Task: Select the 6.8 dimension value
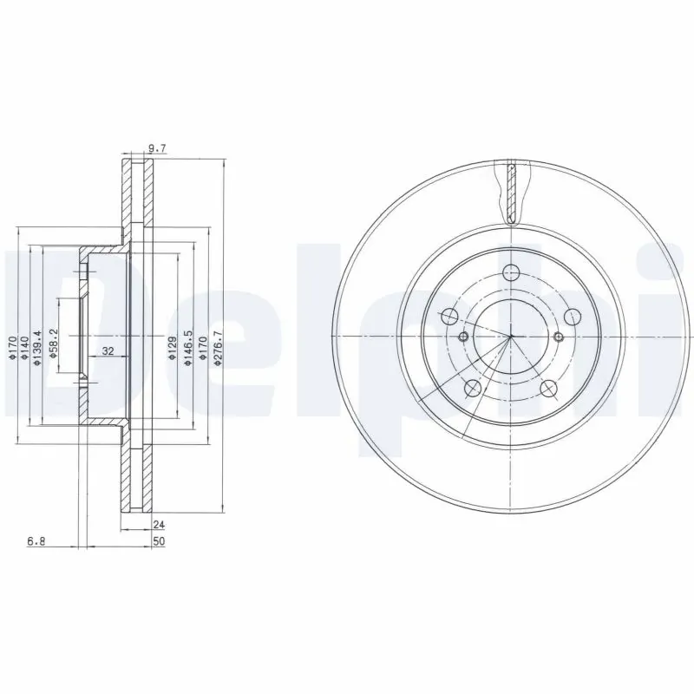click(x=36, y=541)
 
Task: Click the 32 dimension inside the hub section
click(x=108, y=351)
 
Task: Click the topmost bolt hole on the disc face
click(x=511, y=271)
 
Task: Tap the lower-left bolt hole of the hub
click(x=473, y=389)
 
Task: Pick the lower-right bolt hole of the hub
click(x=548, y=389)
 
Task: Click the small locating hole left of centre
click(x=463, y=337)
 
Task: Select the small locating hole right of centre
click(x=559, y=337)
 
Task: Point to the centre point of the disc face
click(x=511, y=337)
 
